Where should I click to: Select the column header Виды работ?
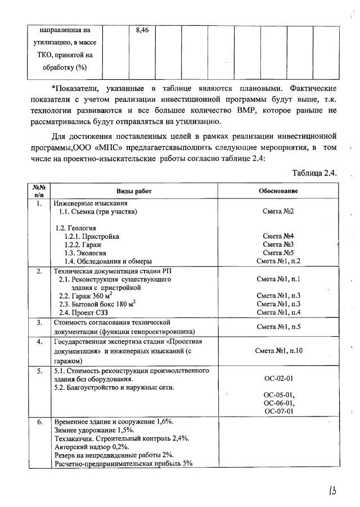133,191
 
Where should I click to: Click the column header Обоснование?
278,191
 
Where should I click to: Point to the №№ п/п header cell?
39,191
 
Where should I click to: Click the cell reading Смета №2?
278,212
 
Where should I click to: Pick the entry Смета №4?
278,237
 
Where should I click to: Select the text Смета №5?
278,253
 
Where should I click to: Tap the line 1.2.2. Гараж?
85,245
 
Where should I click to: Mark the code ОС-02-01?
278,379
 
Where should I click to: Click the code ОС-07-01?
278,411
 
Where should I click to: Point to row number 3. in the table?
39,323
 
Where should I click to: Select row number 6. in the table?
39,422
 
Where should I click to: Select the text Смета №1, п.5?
278,327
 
